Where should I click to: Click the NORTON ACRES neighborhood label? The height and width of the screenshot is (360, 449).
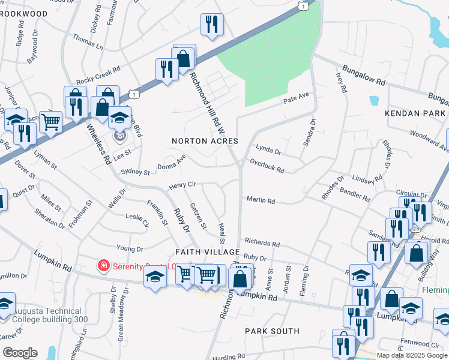coord(205,141)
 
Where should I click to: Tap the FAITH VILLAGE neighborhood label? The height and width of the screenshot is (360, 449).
coord(207,252)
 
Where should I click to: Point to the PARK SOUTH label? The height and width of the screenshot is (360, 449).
coord(272,331)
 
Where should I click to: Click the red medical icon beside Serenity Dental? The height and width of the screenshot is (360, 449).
coord(103,265)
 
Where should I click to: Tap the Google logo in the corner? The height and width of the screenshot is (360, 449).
coord(20,352)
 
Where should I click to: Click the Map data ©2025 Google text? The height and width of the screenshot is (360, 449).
coord(412,355)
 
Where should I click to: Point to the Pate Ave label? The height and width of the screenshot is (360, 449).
coord(295,97)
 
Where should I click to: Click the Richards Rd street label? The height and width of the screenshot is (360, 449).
coord(262,243)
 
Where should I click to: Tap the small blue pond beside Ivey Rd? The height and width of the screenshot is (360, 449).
coord(375,101)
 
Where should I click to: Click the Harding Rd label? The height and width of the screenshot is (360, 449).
coord(228,356)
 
